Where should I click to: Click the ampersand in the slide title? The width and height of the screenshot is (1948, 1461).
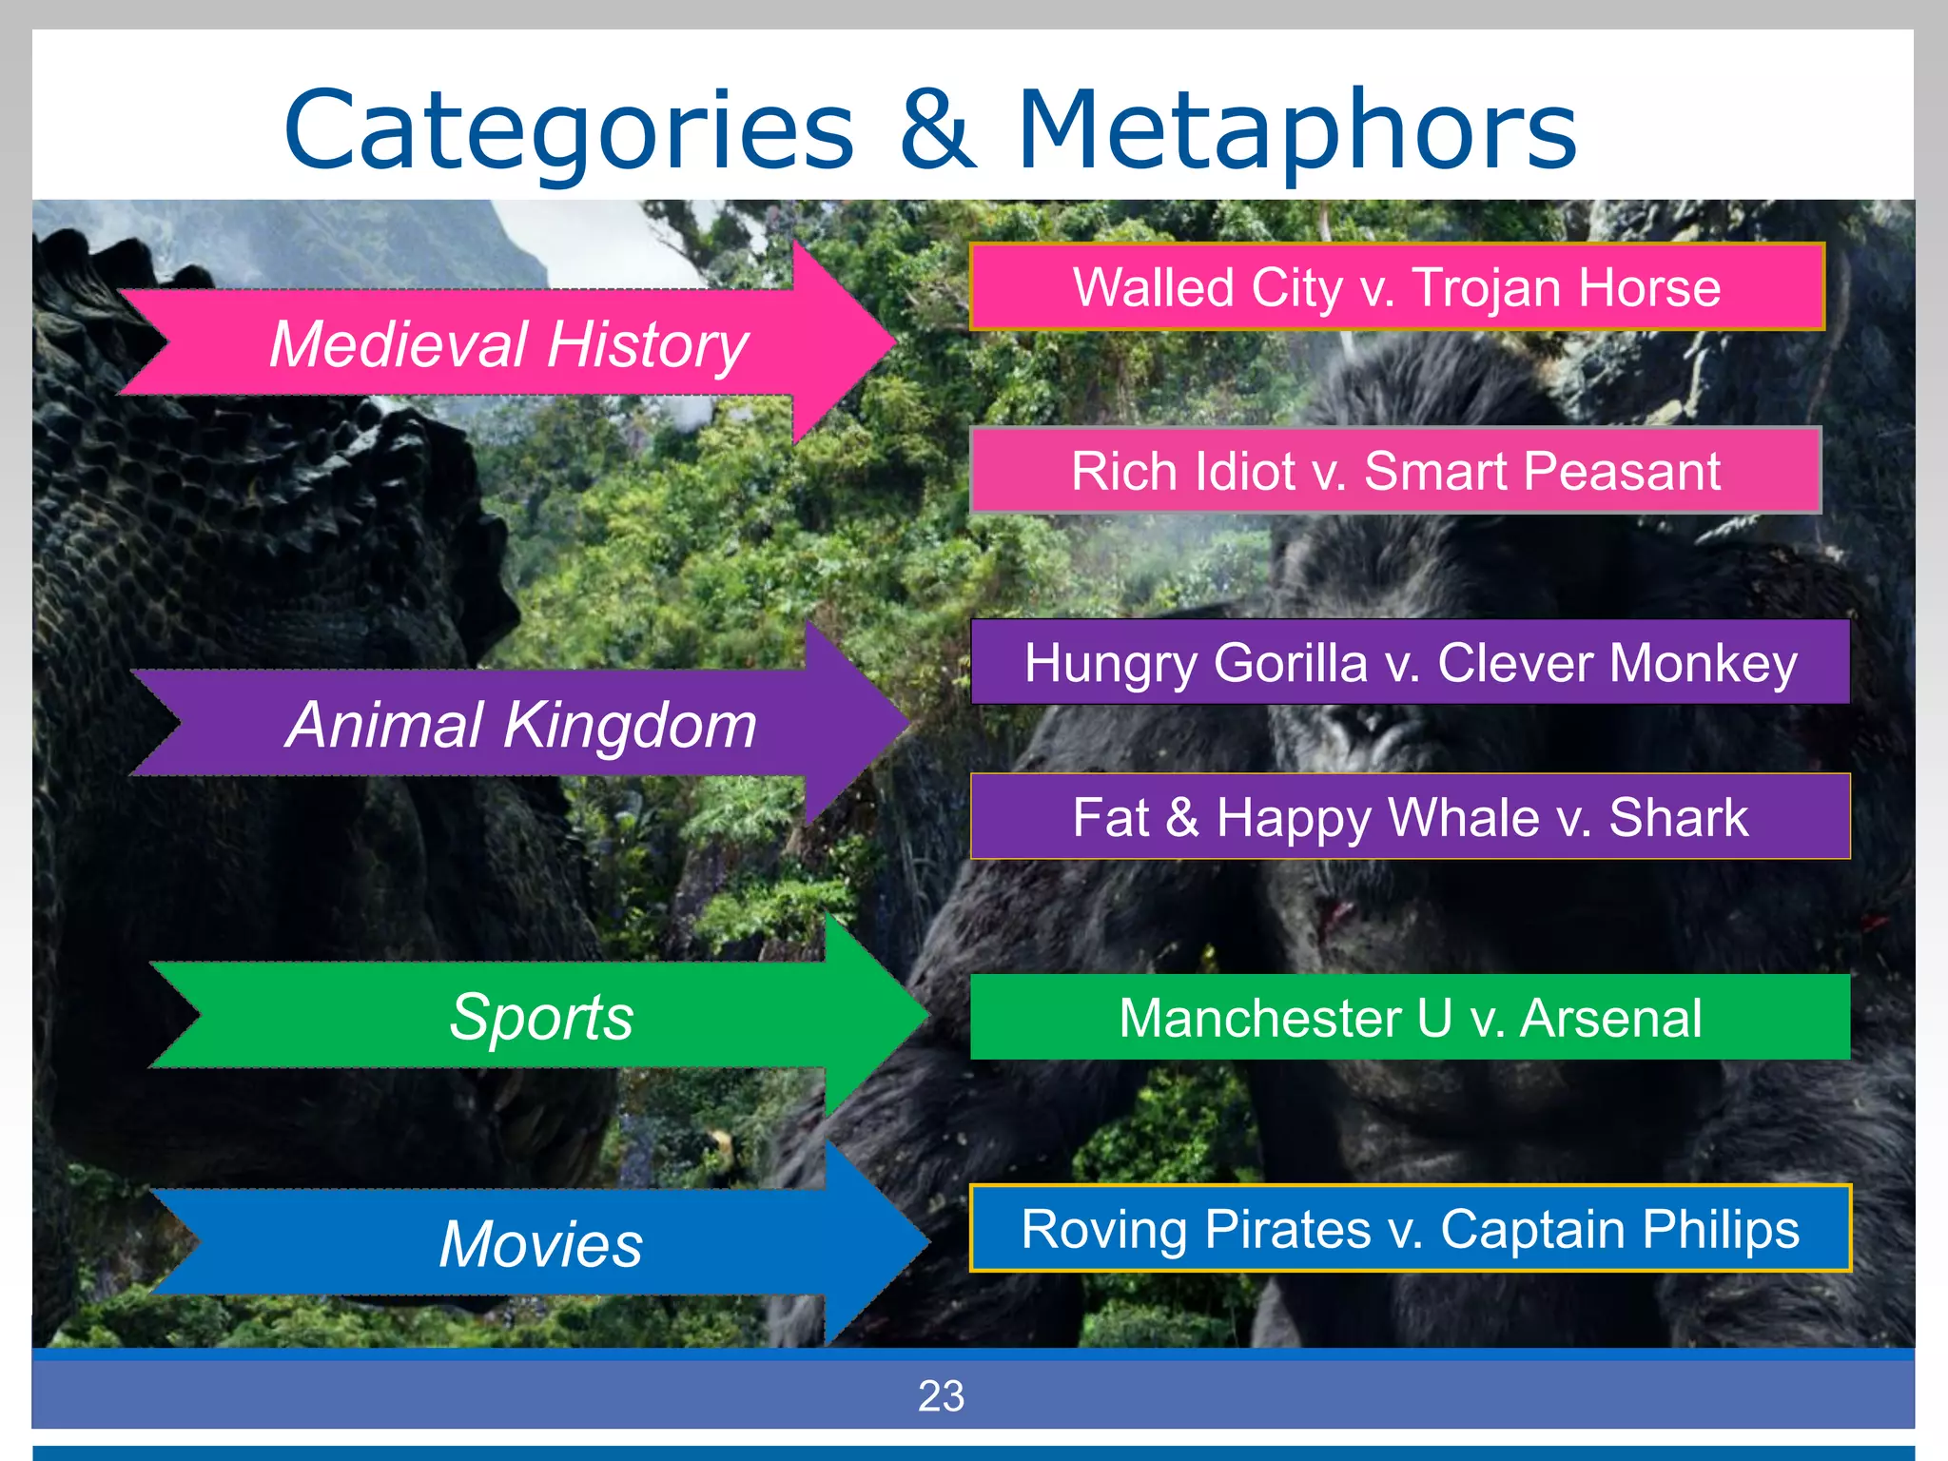(x=937, y=129)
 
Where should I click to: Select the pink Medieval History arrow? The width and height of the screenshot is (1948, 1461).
(x=509, y=343)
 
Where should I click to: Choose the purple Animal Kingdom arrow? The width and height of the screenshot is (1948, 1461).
(x=521, y=725)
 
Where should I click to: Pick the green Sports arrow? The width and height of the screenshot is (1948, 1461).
(x=540, y=1016)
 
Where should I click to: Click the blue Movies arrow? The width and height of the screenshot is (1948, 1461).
(x=540, y=1243)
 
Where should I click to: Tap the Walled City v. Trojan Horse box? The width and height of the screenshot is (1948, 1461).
(x=1396, y=287)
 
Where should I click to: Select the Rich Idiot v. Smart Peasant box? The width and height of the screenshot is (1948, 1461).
(x=1395, y=471)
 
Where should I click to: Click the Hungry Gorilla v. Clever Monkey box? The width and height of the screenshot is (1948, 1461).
(x=1410, y=663)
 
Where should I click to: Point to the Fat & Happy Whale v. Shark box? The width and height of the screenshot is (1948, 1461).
(x=1410, y=817)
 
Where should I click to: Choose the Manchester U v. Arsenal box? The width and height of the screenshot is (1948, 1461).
(x=1410, y=1018)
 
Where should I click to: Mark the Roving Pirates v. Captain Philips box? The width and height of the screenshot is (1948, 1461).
(x=1410, y=1228)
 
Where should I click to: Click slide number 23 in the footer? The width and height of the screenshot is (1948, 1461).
(x=941, y=1395)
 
